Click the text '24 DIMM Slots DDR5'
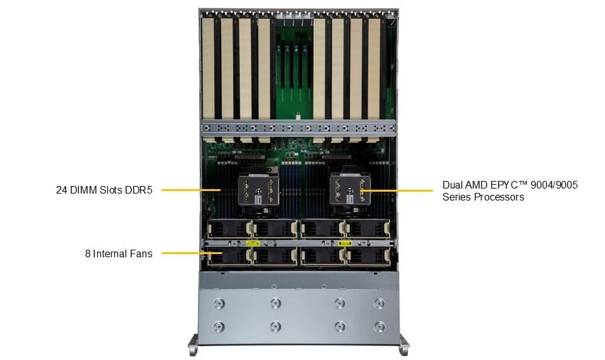104,190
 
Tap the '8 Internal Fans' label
119,253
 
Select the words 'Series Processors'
483,197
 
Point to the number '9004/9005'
554,185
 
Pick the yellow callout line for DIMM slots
191,190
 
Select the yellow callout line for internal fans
192,253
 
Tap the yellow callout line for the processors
397,190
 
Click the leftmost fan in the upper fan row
229,229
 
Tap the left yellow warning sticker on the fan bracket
253,243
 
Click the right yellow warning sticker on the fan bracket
345,243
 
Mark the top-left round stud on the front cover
219,303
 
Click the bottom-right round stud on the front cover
379,327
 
